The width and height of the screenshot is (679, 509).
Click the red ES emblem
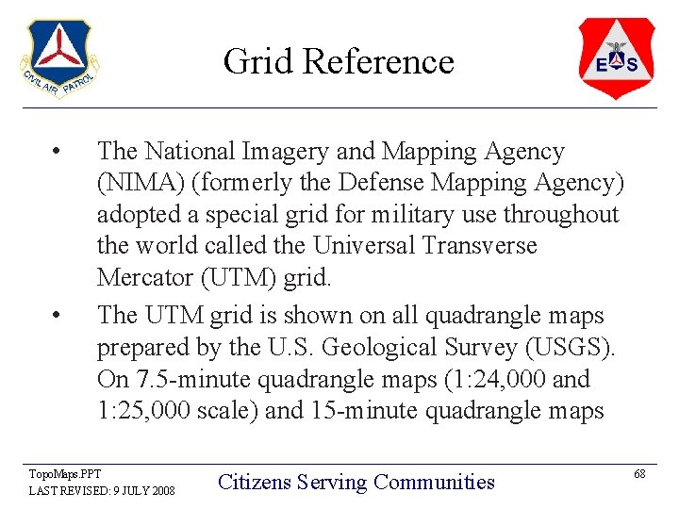coord(616,58)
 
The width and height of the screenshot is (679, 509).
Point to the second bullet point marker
coord(58,317)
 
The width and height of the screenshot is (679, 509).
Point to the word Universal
coord(366,246)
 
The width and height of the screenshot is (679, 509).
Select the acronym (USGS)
coord(567,348)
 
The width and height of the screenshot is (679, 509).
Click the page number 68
coord(639,473)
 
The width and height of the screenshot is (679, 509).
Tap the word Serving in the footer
coord(331,483)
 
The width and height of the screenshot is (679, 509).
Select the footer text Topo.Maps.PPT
coord(64,474)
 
